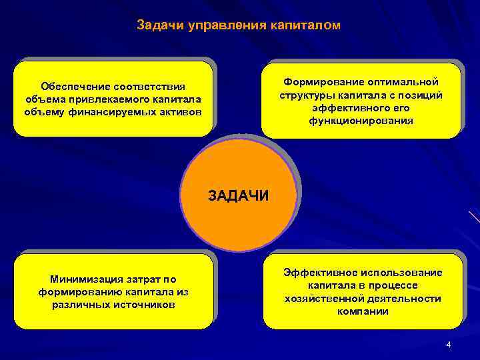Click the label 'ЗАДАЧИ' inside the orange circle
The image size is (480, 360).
coord(238,195)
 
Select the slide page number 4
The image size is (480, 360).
coord(449,345)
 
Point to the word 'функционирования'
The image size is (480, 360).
coord(361,121)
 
